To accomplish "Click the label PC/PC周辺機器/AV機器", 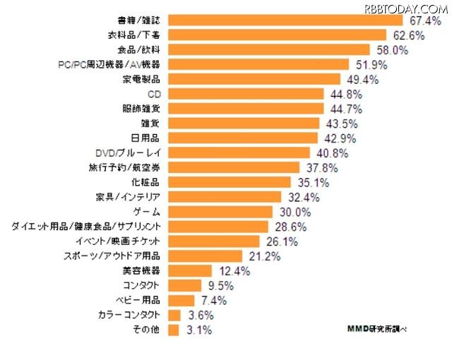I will point(112,64).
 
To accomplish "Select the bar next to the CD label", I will point(248,93).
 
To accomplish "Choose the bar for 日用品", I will point(244,138).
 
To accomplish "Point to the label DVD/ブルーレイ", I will point(130,152).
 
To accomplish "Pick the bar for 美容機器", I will point(191,270).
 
